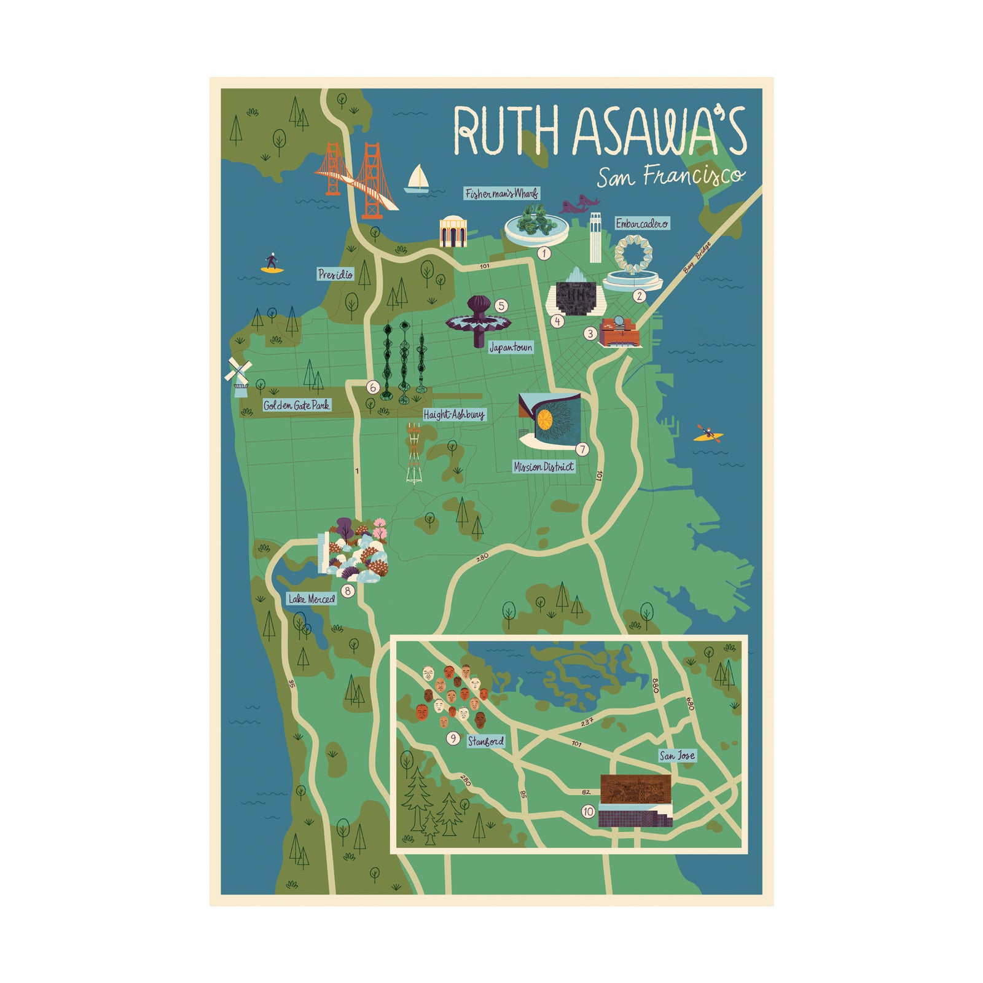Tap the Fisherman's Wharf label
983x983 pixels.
pyautogui.click(x=501, y=194)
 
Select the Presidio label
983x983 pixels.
pyautogui.click(x=335, y=274)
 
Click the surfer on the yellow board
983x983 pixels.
pyautogui.click(x=272, y=264)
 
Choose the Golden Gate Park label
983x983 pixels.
pyautogui.click(x=297, y=405)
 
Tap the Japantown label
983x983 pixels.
pyautogui.click(x=511, y=348)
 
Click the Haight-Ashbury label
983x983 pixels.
pyautogui.click(x=454, y=415)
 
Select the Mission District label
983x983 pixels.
pyautogui.click(x=544, y=467)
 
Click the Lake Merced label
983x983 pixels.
pyautogui.click(x=312, y=599)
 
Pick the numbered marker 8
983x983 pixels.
pyautogui.click(x=348, y=591)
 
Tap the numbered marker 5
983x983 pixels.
pyautogui.click(x=502, y=305)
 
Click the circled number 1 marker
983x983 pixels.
pyautogui.click(x=544, y=253)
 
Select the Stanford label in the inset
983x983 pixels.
pyautogui.click(x=485, y=742)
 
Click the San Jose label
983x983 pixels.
pyautogui.click(x=677, y=756)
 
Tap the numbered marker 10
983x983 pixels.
pyautogui.click(x=588, y=812)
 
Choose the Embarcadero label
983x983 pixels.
pyautogui.click(x=642, y=224)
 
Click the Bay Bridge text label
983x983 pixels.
pyautogui.click(x=697, y=257)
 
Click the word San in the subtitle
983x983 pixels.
pyautogui.click(x=615, y=178)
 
